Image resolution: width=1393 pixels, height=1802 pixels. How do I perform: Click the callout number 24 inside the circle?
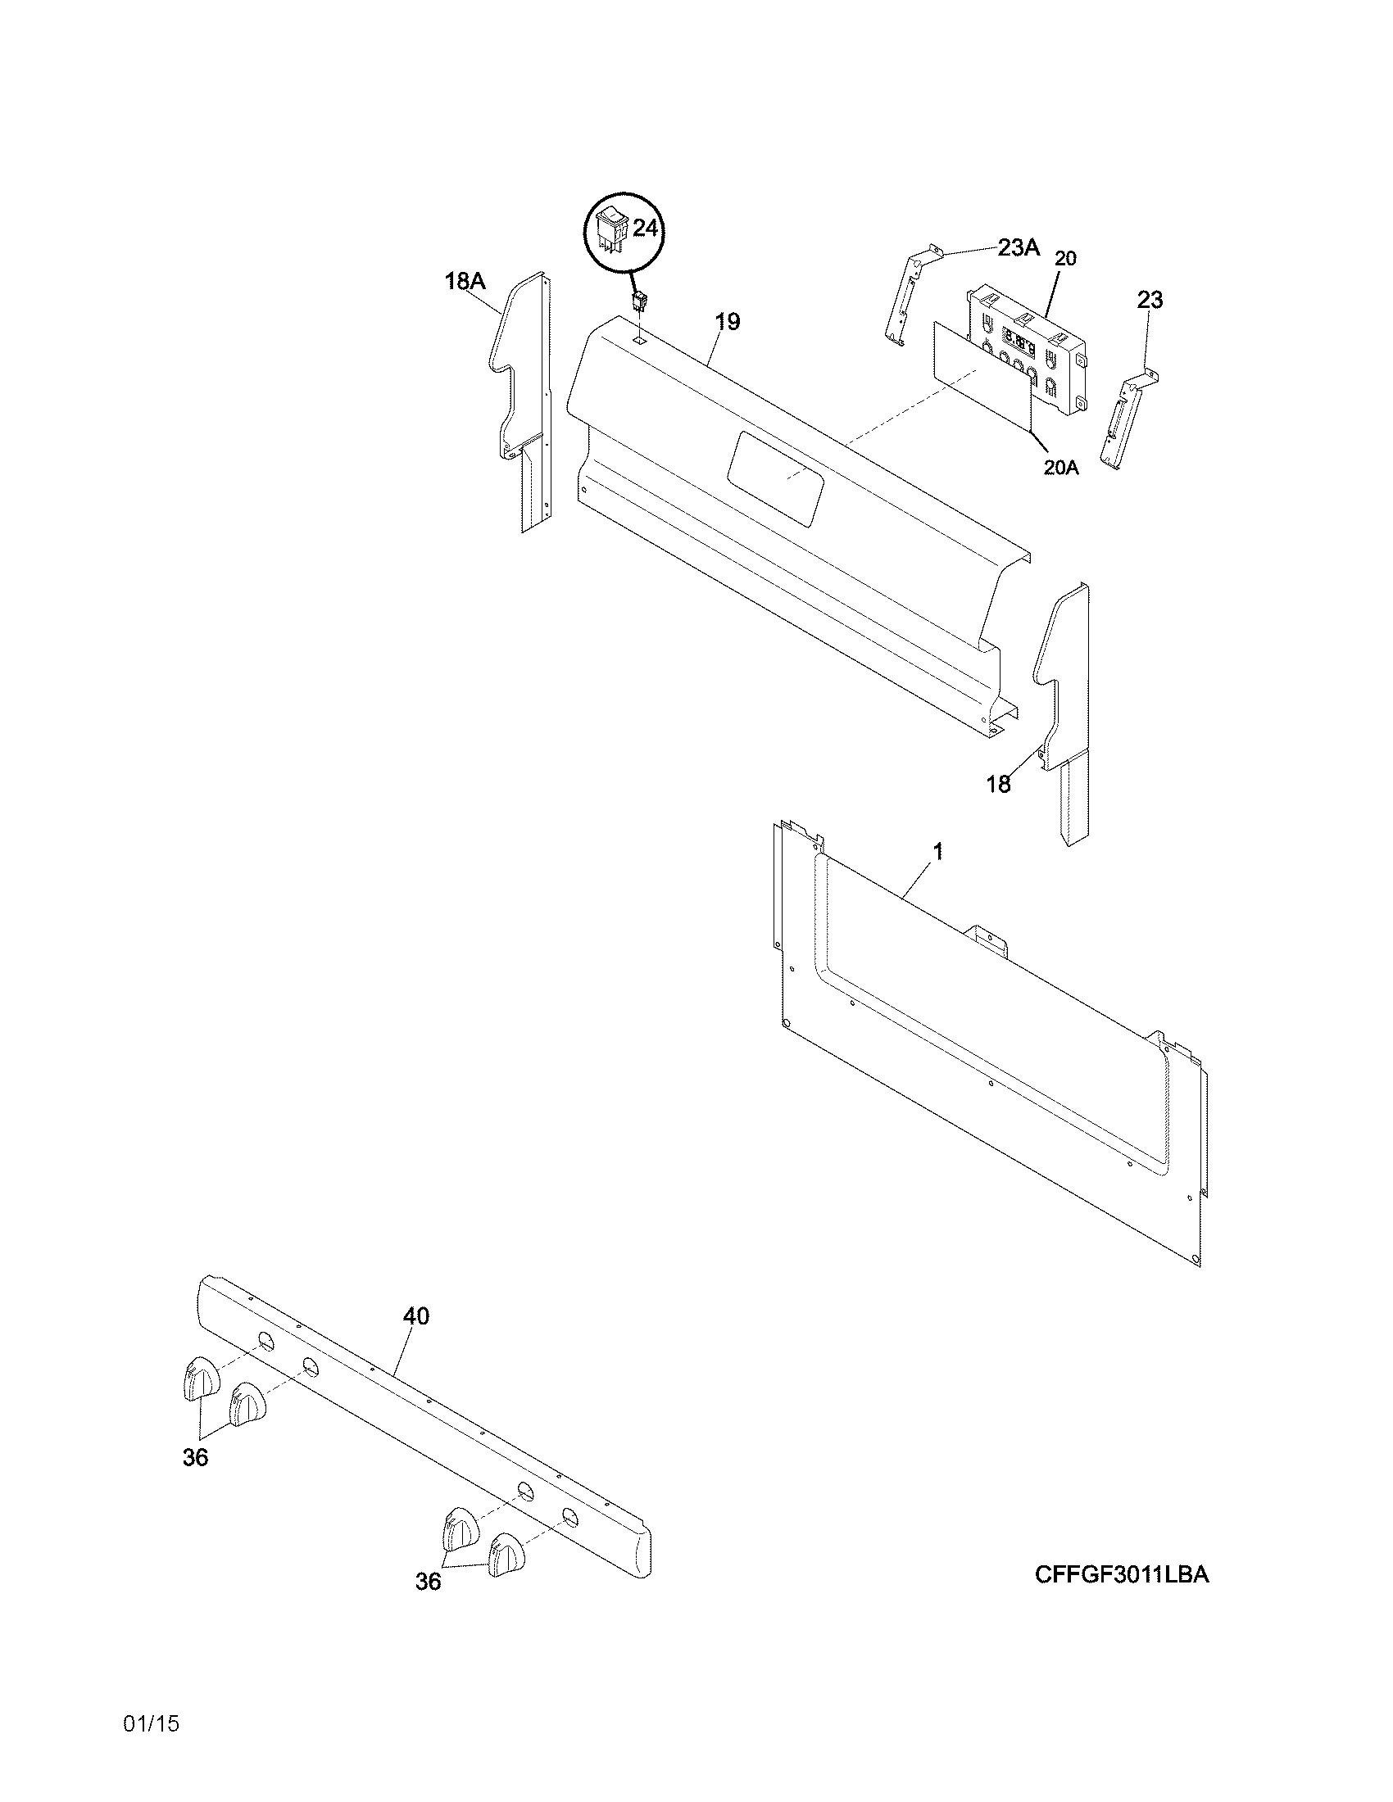pyautogui.click(x=645, y=229)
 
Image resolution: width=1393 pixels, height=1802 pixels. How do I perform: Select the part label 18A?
pyautogui.click(x=465, y=281)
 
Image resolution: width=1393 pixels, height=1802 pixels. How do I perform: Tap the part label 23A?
pyautogui.click(x=1019, y=247)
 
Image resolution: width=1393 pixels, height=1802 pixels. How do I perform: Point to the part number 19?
pyautogui.click(x=727, y=321)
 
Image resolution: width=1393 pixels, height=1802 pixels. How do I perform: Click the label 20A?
pyautogui.click(x=1061, y=468)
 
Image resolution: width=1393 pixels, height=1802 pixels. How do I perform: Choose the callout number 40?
pyautogui.click(x=416, y=1316)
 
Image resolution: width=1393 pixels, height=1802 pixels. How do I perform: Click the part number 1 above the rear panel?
pyautogui.click(x=937, y=852)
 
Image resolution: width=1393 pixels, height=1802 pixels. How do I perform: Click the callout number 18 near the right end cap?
pyautogui.click(x=999, y=784)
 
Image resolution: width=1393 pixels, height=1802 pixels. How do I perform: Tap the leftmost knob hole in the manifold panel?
pyautogui.click(x=265, y=1342)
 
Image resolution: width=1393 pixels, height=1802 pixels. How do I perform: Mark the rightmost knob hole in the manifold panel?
pyautogui.click(x=569, y=1515)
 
